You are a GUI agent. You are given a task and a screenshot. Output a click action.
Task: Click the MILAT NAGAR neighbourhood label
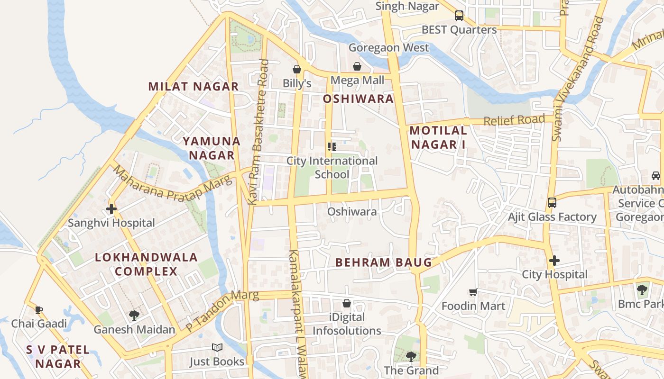click(x=193, y=86)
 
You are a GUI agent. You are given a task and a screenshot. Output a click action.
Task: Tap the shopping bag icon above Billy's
click(x=297, y=70)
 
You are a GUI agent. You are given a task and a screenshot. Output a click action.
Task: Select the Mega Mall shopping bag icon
click(x=357, y=66)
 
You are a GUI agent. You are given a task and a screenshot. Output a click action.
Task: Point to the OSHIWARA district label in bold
click(x=358, y=99)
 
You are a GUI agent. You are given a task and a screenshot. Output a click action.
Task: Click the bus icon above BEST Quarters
click(x=459, y=15)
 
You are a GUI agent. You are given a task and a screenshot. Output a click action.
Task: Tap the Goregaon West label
click(x=388, y=47)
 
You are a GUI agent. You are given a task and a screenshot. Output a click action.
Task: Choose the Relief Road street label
click(x=514, y=120)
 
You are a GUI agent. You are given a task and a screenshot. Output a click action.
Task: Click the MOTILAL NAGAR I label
click(x=438, y=137)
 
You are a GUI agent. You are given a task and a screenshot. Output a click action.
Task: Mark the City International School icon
click(x=332, y=147)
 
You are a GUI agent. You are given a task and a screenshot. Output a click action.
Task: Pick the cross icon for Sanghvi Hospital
click(x=111, y=208)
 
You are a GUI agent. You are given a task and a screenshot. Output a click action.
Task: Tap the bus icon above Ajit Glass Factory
click(x=552, y=203)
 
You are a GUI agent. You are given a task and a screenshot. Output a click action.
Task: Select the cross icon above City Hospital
click(x=554, y=261)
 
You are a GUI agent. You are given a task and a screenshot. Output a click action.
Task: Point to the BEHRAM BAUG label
click(x=384, y=262)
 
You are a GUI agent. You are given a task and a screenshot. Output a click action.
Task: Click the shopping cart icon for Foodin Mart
click(x=473, y=292)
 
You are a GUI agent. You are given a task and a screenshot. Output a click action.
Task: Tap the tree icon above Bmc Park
click(x=642, y=289)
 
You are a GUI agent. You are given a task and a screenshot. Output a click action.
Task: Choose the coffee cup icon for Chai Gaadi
click(x=39, y=310)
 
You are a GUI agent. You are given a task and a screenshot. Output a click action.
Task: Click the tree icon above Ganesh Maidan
click(x=134, y=315)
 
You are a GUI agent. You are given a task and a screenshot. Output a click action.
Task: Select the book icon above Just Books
click(x=217, y=348)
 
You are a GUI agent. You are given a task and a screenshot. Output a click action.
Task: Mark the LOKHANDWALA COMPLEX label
click(x=146, y=264)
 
